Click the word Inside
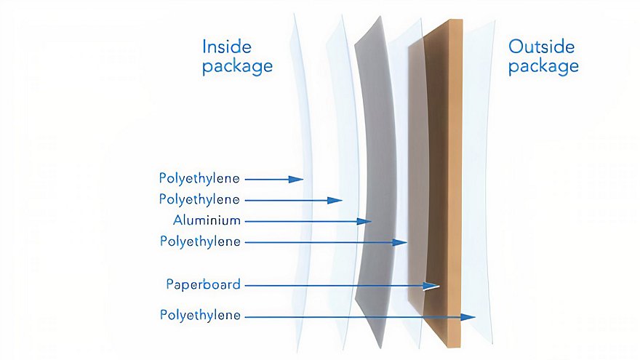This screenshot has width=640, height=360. tap(226, 47)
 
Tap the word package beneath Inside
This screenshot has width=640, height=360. tap(237, 66)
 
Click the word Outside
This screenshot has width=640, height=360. tap(541, 47)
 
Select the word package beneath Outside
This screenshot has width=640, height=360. tap(543, 66)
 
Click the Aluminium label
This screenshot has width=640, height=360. tap(207, 220)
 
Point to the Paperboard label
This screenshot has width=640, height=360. tap(203, 284)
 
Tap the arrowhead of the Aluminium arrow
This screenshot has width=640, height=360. tap(364, 222)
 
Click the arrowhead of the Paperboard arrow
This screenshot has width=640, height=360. tap(431, 286)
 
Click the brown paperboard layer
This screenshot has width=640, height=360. tap(443, 184)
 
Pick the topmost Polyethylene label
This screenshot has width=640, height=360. tap(199, 179)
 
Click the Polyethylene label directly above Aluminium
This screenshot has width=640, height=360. tap(199, 199)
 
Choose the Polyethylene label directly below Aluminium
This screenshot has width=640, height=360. tap(200, 241)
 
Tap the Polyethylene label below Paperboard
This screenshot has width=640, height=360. tap(200, 316)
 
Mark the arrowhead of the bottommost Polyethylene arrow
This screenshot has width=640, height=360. tap(468, 317)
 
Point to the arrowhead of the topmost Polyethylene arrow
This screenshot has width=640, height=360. tap(295, 179)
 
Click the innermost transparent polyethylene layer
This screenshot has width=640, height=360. tap(301, 184)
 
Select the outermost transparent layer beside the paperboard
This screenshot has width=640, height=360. tap(479, 184)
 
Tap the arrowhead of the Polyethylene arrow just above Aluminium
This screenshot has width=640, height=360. tap(335, 201)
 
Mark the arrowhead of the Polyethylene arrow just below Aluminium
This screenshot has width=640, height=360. tap(399, 242)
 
